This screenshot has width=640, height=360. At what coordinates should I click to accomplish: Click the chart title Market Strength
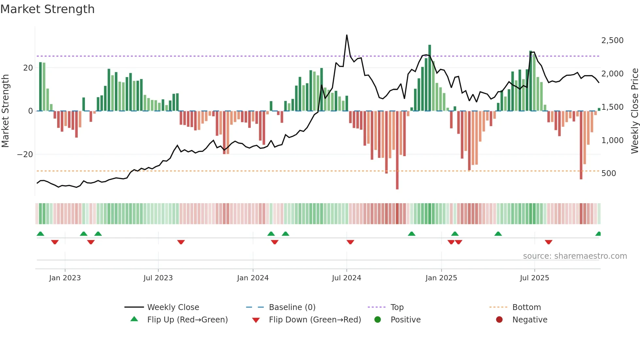[x=47, y=9]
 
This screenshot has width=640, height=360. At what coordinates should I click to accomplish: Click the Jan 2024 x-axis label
[x=253, y=278]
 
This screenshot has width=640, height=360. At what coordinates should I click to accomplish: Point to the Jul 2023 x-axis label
[x=158, y=278]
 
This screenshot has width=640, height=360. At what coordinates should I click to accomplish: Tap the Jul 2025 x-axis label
[x=535, y=278]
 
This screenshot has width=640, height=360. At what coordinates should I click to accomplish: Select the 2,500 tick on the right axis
[x=612, y=41]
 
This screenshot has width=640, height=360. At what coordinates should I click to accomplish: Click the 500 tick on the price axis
[x=609, y=173]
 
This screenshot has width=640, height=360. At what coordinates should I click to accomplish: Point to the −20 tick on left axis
[x=25, y=155]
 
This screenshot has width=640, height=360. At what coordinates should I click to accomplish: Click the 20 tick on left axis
[x=28, y=68]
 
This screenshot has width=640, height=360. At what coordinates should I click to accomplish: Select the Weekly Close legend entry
[x=173, y=307]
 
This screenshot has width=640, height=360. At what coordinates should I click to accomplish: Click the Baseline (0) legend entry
[x=292, y=307]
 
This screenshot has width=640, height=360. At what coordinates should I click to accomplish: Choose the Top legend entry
[x=397, y=307]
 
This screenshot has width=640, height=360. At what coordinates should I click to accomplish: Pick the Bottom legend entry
[x=526, y=307]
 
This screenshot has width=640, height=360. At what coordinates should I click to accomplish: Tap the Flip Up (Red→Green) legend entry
[x=187, y=320]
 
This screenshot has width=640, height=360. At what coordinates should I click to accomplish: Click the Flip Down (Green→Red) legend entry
[x=315, y=320]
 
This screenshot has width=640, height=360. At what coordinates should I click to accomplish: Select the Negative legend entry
[x=530, y=320]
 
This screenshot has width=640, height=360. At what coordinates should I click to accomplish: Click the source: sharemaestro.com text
[x=575, y=256]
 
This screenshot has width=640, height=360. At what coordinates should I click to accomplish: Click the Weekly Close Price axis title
[x=634, y=111]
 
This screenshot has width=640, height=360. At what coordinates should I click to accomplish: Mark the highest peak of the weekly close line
[x=347, y=35]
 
